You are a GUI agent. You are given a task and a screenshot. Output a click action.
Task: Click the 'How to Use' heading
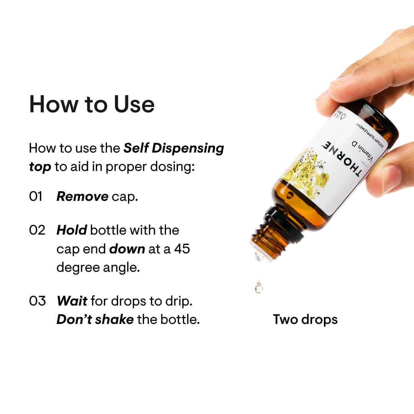point(92,104)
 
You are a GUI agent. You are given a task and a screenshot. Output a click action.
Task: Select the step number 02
point(37,230)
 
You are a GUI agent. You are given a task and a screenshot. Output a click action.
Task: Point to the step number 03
point(37,301)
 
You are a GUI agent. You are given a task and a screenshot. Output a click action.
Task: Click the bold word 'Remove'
point(82,197)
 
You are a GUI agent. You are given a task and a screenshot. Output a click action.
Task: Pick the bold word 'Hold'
point(71,230)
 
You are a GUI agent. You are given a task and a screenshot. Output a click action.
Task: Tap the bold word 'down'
point(127,249)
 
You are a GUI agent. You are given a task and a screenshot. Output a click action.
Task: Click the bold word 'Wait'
point(72,301)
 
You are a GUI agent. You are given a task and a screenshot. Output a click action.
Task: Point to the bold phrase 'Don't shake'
point(95,319)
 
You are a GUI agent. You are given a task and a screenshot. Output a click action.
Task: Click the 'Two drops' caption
point(305,319)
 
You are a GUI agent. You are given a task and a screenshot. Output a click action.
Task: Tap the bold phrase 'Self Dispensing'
point(174,149)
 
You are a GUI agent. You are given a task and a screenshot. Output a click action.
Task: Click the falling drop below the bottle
point(259,286)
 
